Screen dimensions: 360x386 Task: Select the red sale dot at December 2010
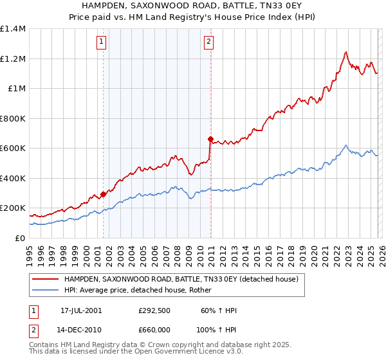210,139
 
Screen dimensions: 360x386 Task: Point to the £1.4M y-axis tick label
13,29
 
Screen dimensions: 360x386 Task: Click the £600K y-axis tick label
13,148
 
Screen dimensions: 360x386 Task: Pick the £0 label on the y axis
21,238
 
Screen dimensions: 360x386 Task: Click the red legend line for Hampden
46,280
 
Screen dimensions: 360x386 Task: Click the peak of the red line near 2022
346,52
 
